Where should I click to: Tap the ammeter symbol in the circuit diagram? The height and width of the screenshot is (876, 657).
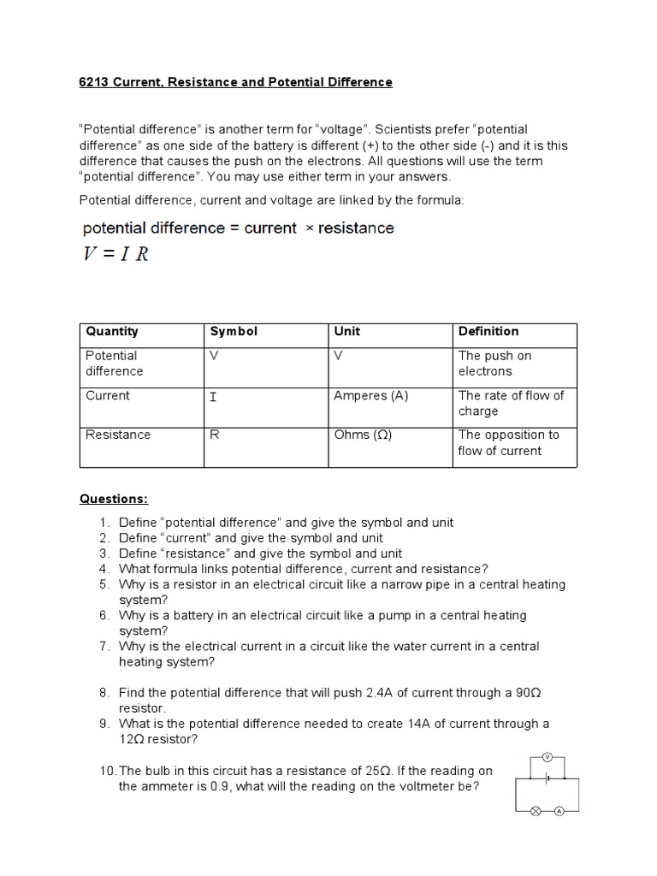pyautogui.click(x=559, y=811)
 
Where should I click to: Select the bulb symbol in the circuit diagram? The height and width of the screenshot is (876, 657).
pyautogui.click(x=536, y=811)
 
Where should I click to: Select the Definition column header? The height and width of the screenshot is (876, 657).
pyautogui.click(x=488, y=331)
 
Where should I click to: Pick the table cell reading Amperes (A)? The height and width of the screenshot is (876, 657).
pyautogui.click(x=370, y=395)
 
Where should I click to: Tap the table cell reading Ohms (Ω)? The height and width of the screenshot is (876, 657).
pyautogui.click(x=363, y=435)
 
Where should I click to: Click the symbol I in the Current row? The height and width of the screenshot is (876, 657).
pyautogui.click(x=213, y=396)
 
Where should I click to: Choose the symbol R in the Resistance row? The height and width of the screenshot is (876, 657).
pyautogui.click(x=215, y=435)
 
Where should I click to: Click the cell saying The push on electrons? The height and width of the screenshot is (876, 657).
pyautogui.click(x=494, y=363)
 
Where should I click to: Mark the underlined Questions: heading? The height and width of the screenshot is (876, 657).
pyautogui.click(x=114, y=498)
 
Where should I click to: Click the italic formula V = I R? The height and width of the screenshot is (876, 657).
pyautogui.click(x=115, y=255)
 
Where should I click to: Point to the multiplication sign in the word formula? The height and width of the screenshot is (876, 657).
pyautogui.click(x=306, y=228)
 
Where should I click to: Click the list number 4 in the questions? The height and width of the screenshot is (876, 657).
pyautogui.click(x=104, y=569)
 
